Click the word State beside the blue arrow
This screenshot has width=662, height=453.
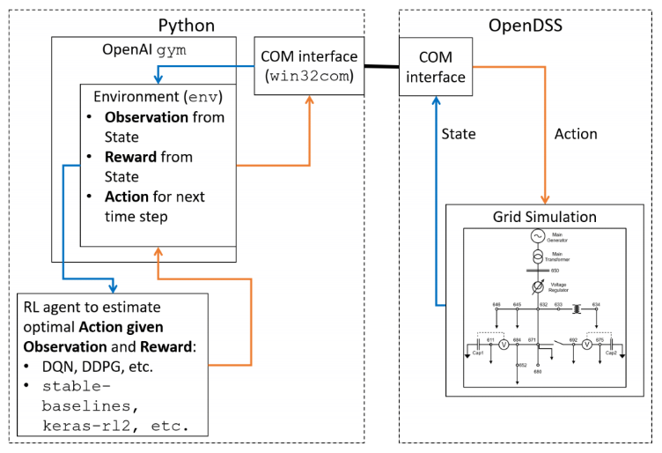458,134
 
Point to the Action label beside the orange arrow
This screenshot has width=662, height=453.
576,134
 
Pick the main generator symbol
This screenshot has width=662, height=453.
536,236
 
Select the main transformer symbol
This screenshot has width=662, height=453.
536,258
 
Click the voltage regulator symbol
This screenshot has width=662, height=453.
536,287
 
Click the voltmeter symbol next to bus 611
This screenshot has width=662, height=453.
504,345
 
